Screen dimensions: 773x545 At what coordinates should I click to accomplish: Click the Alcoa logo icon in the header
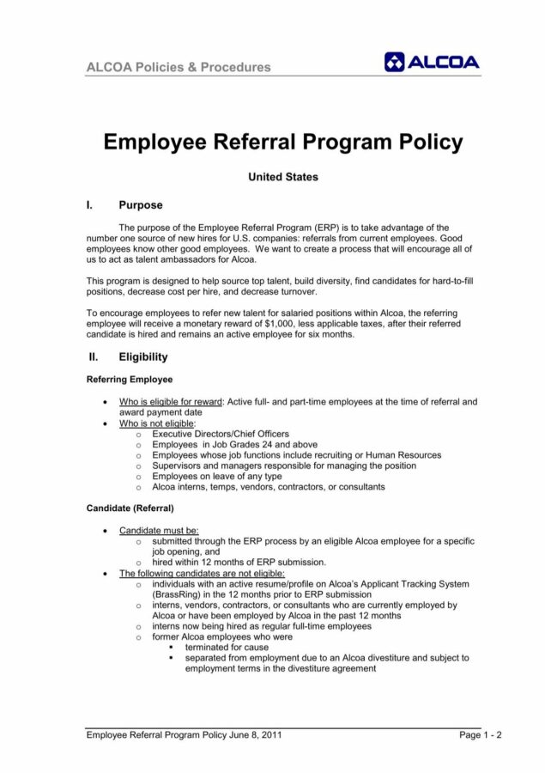tap(395, 62)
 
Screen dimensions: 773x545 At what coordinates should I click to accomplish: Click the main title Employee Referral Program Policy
tap(282, 142)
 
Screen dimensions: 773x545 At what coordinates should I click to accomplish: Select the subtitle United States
tap(282, 177)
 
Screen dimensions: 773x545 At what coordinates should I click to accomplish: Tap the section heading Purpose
tap(140, 205)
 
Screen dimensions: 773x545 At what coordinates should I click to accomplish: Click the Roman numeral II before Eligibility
tap(92, 356)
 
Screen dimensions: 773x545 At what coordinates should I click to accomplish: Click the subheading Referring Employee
tap(130, 379)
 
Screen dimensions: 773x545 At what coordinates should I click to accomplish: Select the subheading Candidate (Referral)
tap(130, 508)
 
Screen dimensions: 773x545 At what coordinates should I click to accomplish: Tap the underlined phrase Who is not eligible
tap(156, 423)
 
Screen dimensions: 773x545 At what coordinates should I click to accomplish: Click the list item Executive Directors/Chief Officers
tap(221, 434)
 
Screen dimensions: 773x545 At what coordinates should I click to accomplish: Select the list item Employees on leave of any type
tap(217, 476)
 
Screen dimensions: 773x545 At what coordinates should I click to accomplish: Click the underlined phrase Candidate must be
tap(159, 531)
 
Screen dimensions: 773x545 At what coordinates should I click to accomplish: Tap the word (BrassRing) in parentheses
tap(177, 594)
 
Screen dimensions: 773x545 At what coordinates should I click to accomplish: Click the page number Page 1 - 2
tap(480, 735)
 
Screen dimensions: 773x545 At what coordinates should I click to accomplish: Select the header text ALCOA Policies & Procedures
tap(179, 67)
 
